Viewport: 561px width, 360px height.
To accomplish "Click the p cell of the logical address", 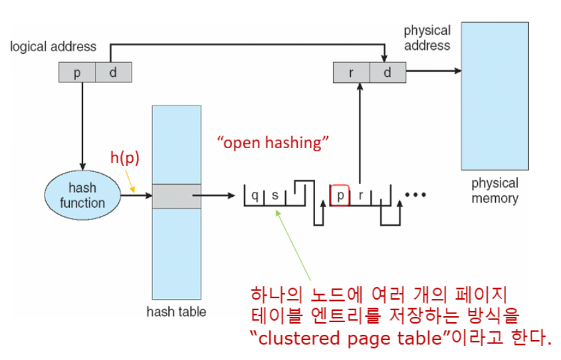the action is [77, 72].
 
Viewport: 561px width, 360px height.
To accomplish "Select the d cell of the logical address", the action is [114, 72].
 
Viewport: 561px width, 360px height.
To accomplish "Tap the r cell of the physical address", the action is [352, 72].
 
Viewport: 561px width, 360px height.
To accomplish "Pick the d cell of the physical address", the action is [388, 72].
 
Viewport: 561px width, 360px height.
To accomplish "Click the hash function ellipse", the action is [82, 195].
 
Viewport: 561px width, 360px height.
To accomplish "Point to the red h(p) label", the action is [124, 157].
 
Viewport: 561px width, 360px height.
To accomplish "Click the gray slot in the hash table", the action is [177, 196].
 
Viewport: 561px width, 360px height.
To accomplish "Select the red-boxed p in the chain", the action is [340, 195].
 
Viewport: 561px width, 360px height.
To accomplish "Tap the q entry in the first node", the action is [255, 195].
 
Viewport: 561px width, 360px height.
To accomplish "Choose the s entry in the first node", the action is [275, 195].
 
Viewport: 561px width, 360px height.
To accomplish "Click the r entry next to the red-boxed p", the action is [361, 195].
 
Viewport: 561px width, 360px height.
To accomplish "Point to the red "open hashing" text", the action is [273, 143].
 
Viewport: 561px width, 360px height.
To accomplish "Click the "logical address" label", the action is [53, 46].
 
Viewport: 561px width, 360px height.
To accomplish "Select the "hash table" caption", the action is [176, 312].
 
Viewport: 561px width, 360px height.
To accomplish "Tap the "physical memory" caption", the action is [495, 191].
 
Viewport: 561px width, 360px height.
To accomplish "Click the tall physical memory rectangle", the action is [495, 96].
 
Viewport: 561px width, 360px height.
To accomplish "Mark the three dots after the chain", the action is [415, 195].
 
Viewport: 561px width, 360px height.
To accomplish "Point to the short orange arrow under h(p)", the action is [130, 181].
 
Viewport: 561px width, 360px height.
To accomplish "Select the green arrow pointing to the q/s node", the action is [293, 245].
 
